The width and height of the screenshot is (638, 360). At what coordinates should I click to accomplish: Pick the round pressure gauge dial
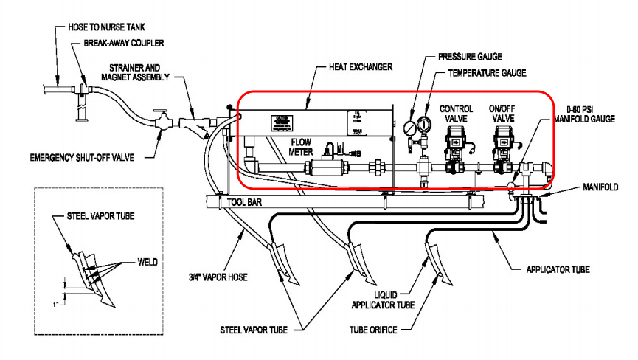(408, 128)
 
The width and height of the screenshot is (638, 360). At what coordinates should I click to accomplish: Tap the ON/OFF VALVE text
(505, 114)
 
